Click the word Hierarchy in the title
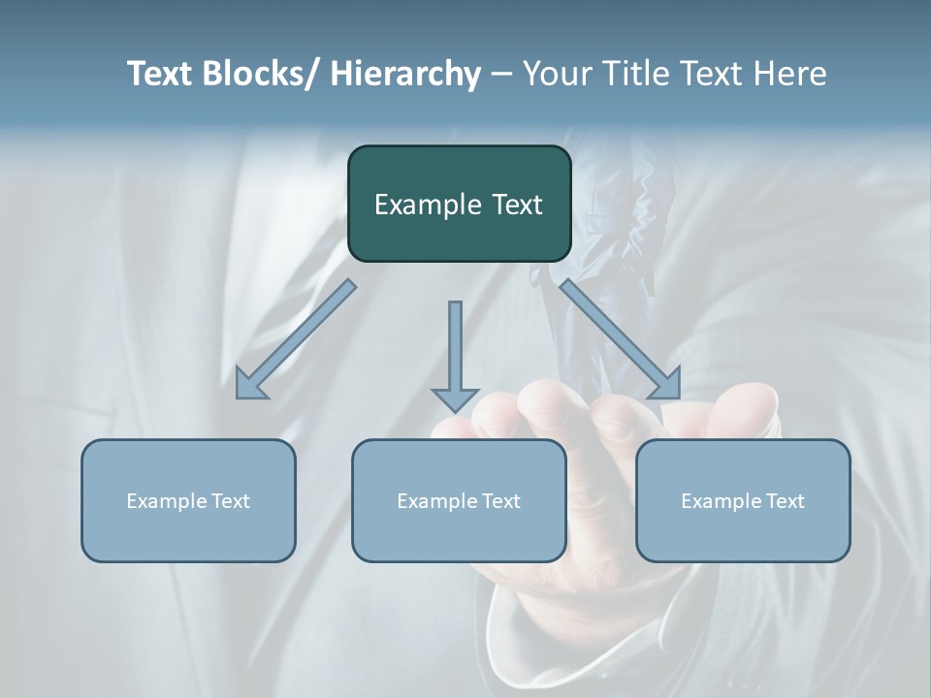pyautogui.click(x=405, y=74)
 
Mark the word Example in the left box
pyautogui.click(x=166, y=501)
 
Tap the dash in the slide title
pyautogui.click(x=501, y=74)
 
